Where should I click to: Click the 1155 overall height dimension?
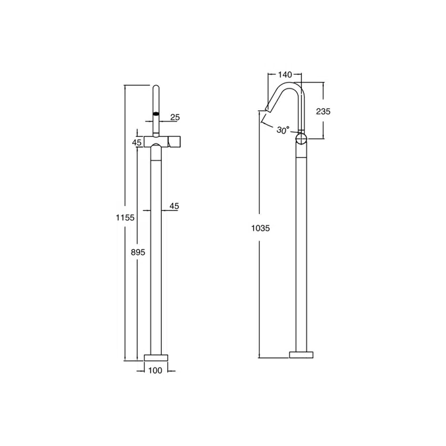pos(125,217)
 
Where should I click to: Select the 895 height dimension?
pos(138,252)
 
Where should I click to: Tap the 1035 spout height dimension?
pos(260,228)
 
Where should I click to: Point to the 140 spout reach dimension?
pos(285,75)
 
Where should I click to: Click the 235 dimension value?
pos(323,111)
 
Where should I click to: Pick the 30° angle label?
pos(283,130)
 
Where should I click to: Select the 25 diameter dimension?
pos(175,117)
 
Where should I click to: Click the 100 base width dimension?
pos(155,370)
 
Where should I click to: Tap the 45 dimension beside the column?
pos(174,206)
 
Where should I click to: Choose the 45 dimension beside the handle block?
pos(137,142)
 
